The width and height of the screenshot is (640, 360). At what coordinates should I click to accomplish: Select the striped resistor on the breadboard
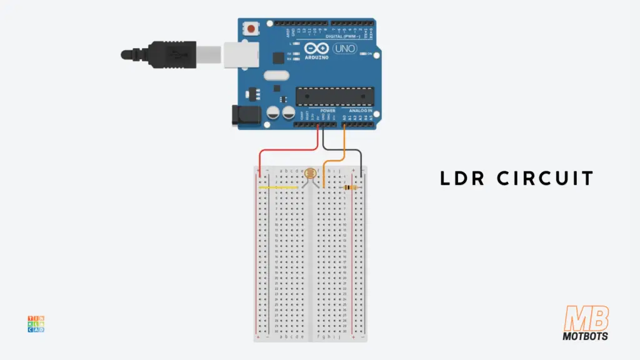pyautogui.click(x=350, y=187)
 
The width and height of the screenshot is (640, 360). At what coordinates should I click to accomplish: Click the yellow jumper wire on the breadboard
pyautogui.click(x=279, y=187)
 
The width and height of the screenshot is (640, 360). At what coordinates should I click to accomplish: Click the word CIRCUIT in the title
pyautogui.click(x=545, y=178)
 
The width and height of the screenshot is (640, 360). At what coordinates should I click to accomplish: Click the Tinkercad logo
pyautogui.click(x=36, y=324)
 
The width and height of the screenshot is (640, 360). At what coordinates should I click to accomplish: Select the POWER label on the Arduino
pyautogui.click(x=327, y=111)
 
